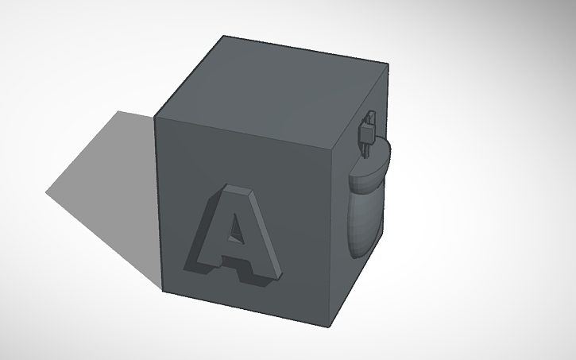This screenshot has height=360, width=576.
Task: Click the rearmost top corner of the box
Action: point(223,36)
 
